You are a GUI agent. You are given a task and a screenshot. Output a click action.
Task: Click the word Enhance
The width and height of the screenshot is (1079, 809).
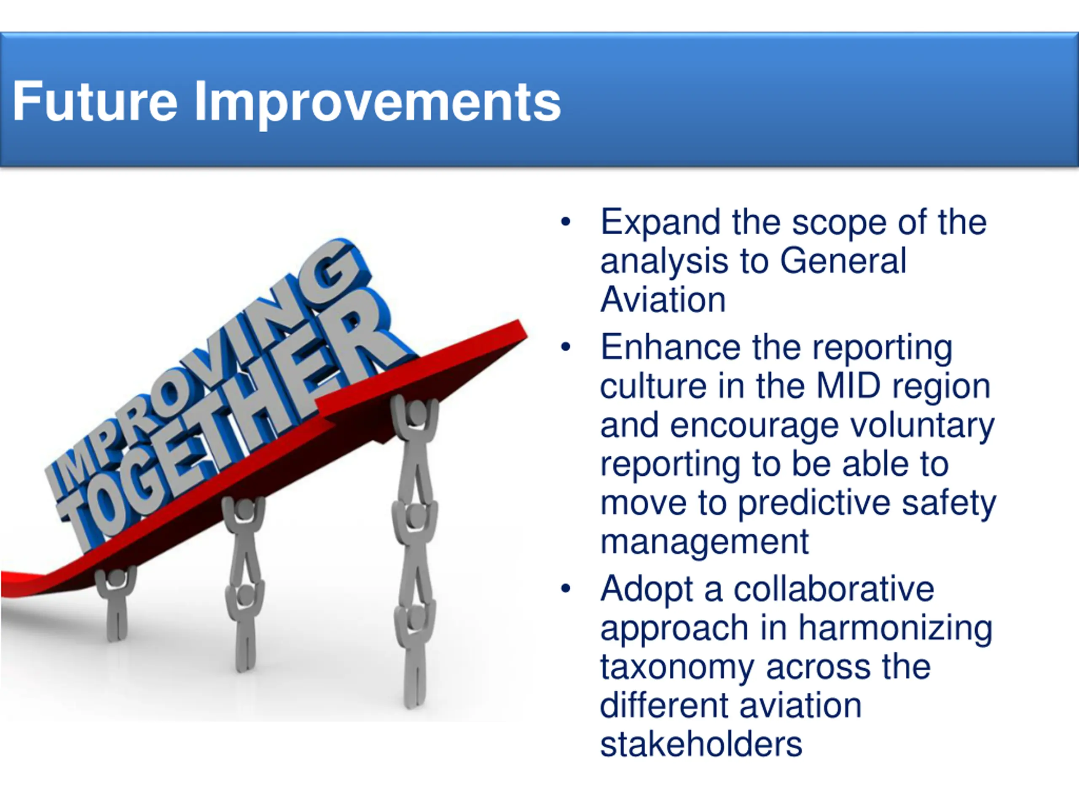click(x=670, y=347)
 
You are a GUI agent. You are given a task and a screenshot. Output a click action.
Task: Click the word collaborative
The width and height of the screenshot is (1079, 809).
click(x=834, y=589)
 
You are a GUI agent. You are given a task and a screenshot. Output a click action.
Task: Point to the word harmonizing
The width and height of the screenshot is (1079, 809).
click(x=896, y=629)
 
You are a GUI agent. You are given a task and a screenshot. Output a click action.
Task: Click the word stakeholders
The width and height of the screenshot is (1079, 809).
click(x=701, y=744)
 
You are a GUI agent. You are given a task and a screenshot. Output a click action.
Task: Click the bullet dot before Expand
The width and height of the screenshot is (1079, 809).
click(x=566, y=222)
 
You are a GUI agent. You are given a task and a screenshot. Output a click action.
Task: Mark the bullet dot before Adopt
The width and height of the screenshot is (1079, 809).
click(x=566, y=589)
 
